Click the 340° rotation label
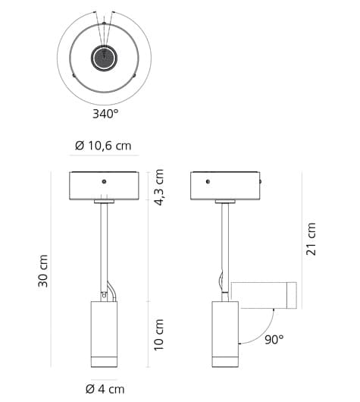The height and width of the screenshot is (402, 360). pyautogui.click(x=105, y=114)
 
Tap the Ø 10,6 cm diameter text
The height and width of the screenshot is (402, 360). pyautogui.click(x=104, y=146)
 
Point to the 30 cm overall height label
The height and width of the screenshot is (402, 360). pyautogui.click(x=43, y=271)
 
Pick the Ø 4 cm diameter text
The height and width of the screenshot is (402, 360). pyautogui.click(x=104, y=389)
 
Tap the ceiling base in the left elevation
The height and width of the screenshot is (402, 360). pyautogui.click(x=104, y=186)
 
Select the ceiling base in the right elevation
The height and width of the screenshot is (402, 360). pyautogui.click(x=225, y=186)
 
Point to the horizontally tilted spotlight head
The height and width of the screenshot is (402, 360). pyautogui.click(x=263, y=295)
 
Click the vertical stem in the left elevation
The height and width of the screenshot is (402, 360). pyautogui.click(x=104, y=243)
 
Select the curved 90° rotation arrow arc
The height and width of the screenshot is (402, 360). pyautogui.click(x=254, y=334)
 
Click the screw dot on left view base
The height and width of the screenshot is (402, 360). pyautogui.click(x=104, y=181)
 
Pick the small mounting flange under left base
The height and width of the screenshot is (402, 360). pyautogui.click(x=104, y=202)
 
